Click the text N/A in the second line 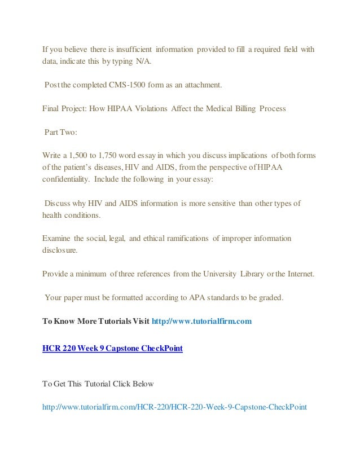pos(143,61)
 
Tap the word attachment pos(203,85)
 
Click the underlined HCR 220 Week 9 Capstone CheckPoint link pos(113,348)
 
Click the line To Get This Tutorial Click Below pos(102,384)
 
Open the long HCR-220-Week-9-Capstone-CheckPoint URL pos(174,406)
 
